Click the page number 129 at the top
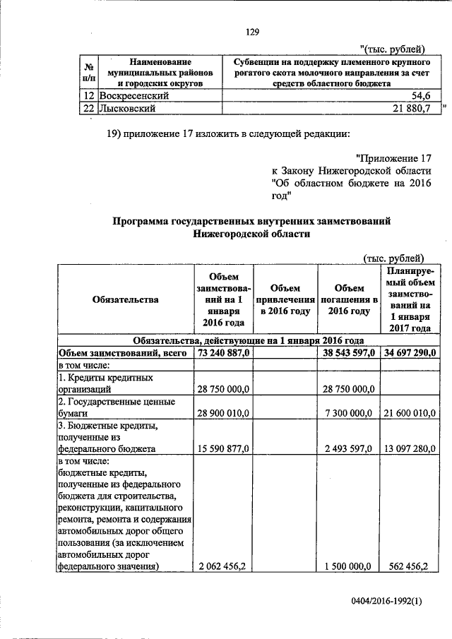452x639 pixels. coord(254,31)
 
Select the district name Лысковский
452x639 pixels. coord(127,108)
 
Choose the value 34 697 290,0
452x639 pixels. coord(410,352)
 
